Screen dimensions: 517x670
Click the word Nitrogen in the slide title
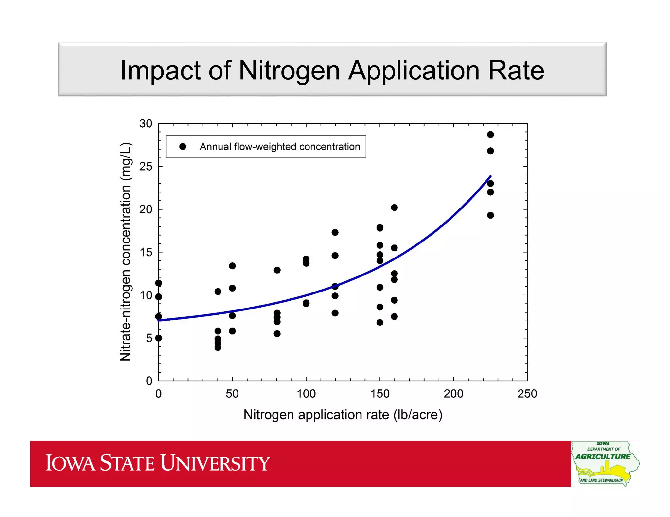coord(289,71)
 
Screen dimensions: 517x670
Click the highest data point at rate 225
coord(490,135)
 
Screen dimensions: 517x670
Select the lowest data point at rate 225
coord(490,215)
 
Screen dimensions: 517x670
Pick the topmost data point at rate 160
coord(394,208)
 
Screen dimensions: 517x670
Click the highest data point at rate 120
coord(335,232)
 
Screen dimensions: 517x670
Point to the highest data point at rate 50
coord(232,266)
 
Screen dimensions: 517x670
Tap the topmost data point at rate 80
coord(277,270)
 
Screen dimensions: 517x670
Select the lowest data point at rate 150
coord(380,323)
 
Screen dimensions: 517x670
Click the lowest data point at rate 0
coord(159,338)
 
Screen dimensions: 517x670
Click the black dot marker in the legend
coord(183,147)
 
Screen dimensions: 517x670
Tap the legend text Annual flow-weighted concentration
coord(280,147)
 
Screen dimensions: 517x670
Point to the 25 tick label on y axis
coord(146,167)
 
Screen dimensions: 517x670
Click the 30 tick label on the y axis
coord(146,124)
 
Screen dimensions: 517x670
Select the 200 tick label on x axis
coord(453,394)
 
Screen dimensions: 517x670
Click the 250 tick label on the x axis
coord(527,394)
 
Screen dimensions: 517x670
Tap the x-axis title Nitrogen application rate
coord(343,415)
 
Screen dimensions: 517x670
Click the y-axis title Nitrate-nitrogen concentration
coord(126,252)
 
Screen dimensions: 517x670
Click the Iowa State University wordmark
coord(158,463)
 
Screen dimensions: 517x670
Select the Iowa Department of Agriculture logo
coord(605,463)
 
